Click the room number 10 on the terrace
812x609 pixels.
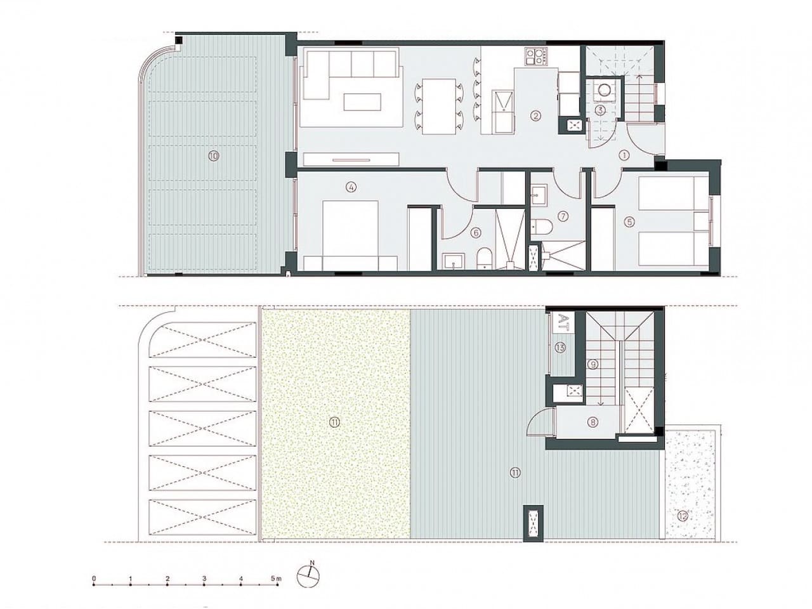pyautogui.click(x=213, y=155)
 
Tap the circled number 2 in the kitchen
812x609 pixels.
pyautogui.click(x=536, y=115)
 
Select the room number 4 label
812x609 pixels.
pyautogui.click(x=351, y=187)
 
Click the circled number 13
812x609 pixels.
pyautogui.click(x=560, y=347)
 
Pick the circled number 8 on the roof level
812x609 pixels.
pyautogui.click(x=593, y=422)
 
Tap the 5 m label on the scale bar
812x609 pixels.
pyautogui.click(x=276, y=579)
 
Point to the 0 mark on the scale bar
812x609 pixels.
pyautogui.click(x=94, y=579)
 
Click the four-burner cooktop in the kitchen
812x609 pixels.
pyautogui.click(x=535, y=57)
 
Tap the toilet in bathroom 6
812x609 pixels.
pyautogui.click(x=483, y=258)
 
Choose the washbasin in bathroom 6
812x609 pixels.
pyautogui.click(x=452, y=260)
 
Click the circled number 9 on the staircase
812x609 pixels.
pyautogui.click(x=593, y=364)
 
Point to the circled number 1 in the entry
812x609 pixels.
pyautogui.click(x=624, y=154)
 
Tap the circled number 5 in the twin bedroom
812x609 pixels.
pyautogui.click(x=629, y=222)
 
